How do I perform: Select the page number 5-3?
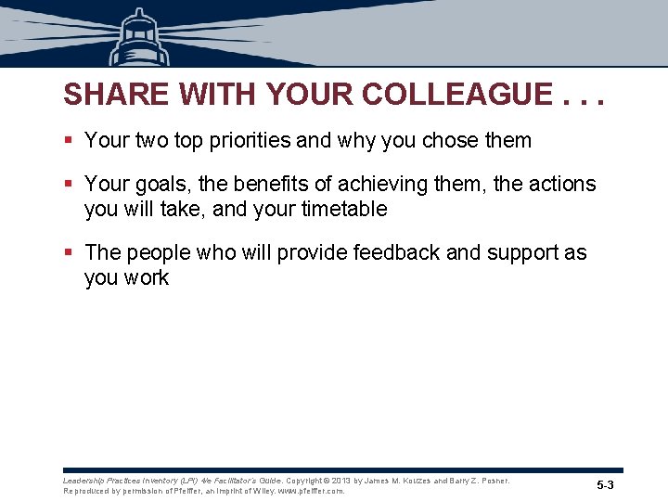[x=605, y=486]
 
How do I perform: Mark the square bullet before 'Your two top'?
[x=70, y=141]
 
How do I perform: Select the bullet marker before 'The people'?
[x=70, y=252]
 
